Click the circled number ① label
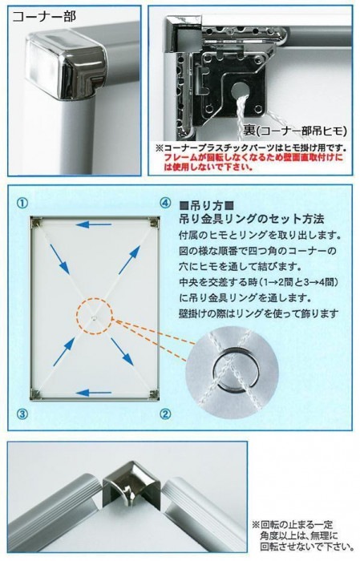coord(22,204)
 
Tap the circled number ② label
coord(164,414)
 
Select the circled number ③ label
coord(22,414)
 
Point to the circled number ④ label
coord(164,204)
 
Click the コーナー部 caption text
coord(44,17)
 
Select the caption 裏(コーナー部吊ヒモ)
coord(295,131)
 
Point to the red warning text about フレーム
coord(253,162)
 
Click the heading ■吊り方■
coord(207,206)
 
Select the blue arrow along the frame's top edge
coord(94,225)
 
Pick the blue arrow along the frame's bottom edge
coord(94,394)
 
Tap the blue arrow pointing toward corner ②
coord(122,352)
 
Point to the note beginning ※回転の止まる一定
coord(301,536)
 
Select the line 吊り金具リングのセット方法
coord(251,219)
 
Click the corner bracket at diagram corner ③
coord(36,394)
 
